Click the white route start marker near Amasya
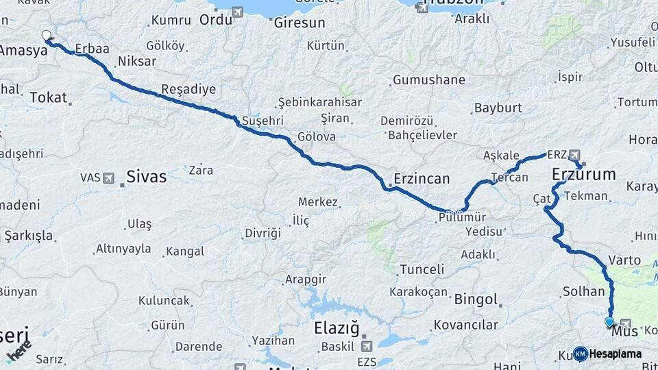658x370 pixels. point(47,35)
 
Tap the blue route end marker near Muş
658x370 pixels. point(609,321)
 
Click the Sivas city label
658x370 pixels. point(146,177)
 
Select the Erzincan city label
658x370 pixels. point(422,179)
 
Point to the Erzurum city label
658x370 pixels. point(583,175)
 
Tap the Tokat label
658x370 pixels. point(48,97)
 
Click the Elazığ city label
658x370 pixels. point(337,328)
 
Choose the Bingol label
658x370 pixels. point(475,299)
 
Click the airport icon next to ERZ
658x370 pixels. point(574,155)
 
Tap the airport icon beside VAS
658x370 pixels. point(108,178)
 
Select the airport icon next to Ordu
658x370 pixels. point(237,12)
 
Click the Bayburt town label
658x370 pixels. point(498,108)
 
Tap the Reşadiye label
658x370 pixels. point(188,89)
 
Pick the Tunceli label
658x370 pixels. point(422,269)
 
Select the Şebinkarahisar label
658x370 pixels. point(319,102)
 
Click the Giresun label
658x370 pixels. point(299,23)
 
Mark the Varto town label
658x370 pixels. point(624,260)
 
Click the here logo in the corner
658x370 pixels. point(19,354)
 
